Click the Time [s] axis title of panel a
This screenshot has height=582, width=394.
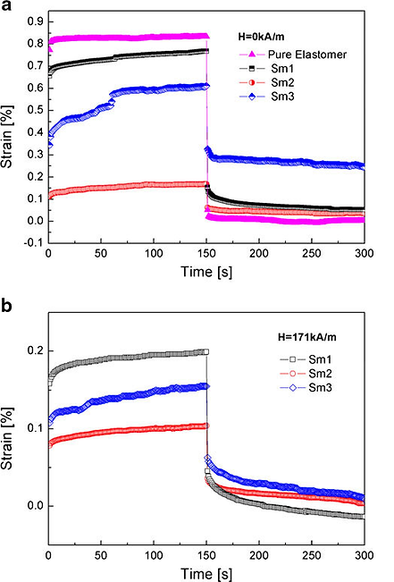(x=205, y=270)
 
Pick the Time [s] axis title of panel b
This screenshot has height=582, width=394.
(x=205, y=572)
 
